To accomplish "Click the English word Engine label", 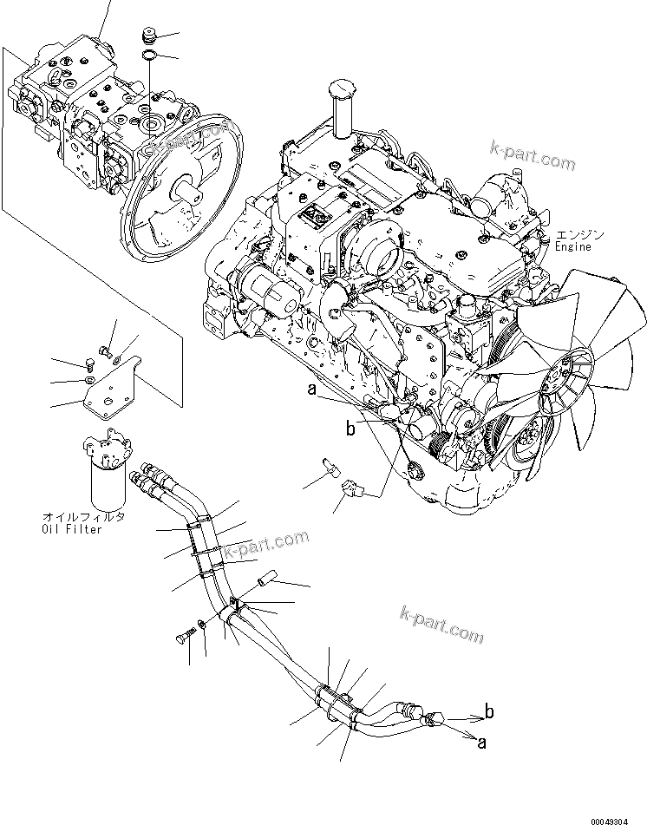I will [573, 247].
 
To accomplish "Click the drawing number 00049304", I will [617, 820].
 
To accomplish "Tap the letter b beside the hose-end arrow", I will [489, 713].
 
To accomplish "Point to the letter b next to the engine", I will [350, 428].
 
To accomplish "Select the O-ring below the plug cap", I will [149, 57].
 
